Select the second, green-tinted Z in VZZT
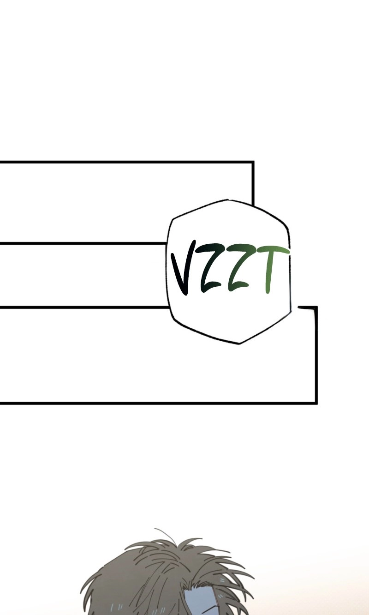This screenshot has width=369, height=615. click(x=237, y=268)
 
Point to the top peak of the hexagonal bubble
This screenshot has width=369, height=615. click(x=228, y=200)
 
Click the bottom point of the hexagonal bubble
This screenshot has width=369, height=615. click(x=238, y=344)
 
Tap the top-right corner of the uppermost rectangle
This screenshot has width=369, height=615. click(x=253, y=162)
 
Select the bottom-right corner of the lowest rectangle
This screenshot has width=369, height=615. click(x=316, y=404)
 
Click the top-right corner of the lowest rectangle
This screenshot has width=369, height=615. click(x=316, y=307)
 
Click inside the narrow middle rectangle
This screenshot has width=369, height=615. click(x=82, y=275)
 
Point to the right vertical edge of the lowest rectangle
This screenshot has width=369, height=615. click(x=316, y=355)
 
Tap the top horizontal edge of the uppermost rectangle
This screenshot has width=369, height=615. click(x=126, y=162)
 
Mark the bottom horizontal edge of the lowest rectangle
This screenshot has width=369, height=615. click(x=158, y=404)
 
